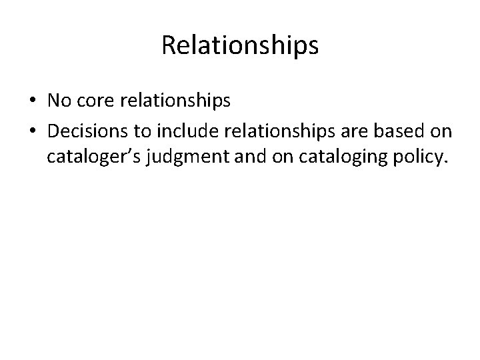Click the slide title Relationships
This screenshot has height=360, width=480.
(240, 46)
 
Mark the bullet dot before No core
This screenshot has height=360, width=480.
(32, 102)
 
